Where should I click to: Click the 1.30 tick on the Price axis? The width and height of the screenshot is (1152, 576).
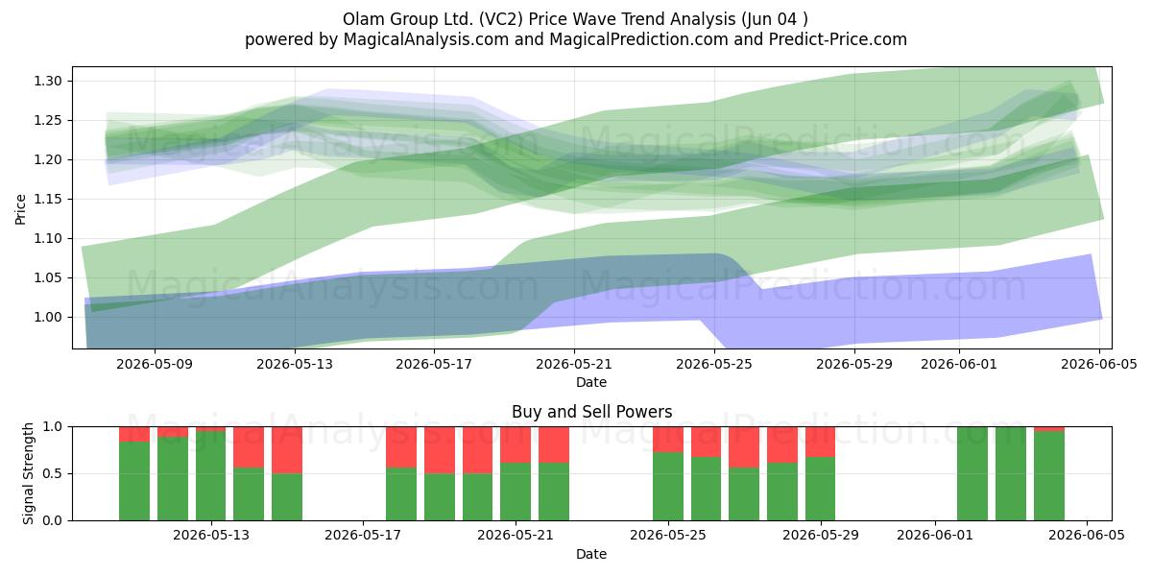[x=48, y=81]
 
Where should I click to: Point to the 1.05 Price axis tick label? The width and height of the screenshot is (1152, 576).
[x=48, y=277]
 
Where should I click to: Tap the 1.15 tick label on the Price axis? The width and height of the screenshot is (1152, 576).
[x=48, y=199]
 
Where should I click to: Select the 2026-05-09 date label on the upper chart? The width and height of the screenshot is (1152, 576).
[x=155, y=364]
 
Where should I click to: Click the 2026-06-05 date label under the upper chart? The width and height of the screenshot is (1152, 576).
[x=1099, y=364]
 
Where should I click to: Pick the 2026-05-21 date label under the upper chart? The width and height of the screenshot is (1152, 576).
[x=574, y=364]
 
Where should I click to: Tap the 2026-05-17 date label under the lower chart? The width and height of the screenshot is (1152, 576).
[x=363, y=536]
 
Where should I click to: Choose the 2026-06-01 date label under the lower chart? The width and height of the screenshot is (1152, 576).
[x=935, y=536]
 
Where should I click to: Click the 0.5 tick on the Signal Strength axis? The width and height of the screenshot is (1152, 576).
[x=53, y=473]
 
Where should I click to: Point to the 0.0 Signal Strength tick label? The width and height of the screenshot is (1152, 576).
[x=53, y=520]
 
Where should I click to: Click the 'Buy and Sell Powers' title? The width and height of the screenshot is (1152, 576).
[x=591, y=412]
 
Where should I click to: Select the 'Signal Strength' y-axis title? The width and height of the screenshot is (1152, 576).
[x=28, y=473]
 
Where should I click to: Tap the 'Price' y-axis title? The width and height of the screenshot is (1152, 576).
[x=20, y=209]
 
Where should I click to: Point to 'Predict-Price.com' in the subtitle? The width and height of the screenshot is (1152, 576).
[x=838, y=39]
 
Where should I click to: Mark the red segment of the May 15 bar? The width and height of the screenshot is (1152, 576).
[x=287, y=450]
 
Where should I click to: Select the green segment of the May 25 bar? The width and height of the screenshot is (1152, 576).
[x=668, y=487]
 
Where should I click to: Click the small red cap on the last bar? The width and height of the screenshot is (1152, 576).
[x=1049, y=429]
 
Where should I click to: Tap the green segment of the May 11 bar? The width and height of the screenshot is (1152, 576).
[x=172, y=479]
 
